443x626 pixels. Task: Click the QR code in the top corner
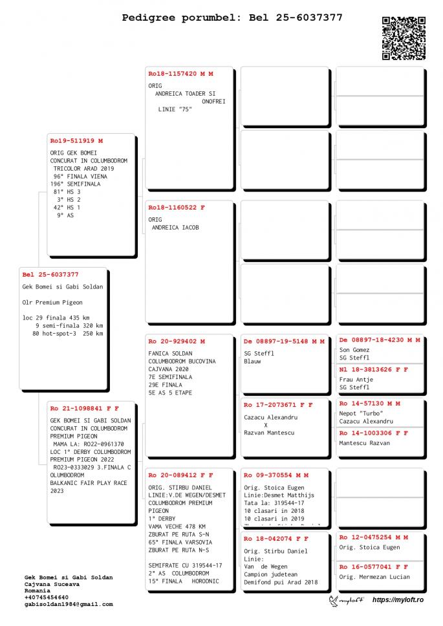coord(403,38)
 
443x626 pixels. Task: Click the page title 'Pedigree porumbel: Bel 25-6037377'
coord(232,17)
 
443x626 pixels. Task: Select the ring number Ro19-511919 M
coord(76,140)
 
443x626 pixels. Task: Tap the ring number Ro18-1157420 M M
coord(180,74)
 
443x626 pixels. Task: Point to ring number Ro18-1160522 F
coord(176,208)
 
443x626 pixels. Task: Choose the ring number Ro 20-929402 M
coord(177,341)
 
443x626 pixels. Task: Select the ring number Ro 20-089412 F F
coord(180,475)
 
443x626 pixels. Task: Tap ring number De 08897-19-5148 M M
coord(284,341)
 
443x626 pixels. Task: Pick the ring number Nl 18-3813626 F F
coord(374,369)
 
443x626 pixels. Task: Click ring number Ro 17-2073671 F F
coord(278,405)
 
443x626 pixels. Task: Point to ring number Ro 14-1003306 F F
coord(374,433)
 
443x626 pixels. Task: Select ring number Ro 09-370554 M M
coord(276,475)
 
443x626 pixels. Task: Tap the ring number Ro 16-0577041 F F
coord(374,567)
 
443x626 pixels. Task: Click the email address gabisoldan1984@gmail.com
coord(69,604)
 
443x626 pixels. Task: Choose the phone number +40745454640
coord(46,597)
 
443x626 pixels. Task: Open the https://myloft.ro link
coord(398,600)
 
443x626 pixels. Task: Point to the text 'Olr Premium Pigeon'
coord(52,302)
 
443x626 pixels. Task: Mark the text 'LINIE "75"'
coord(175,109)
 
